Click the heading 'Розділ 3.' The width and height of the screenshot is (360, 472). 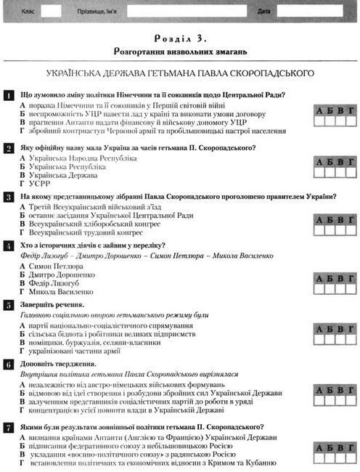(180, 36)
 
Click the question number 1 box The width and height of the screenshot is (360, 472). (8, 95)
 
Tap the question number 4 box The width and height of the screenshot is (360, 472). (8, 246)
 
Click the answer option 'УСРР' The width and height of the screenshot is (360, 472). (41, 185)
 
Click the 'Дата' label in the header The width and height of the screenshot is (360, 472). (264, 12)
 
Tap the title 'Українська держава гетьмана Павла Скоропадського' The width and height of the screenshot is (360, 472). (180, 73)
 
